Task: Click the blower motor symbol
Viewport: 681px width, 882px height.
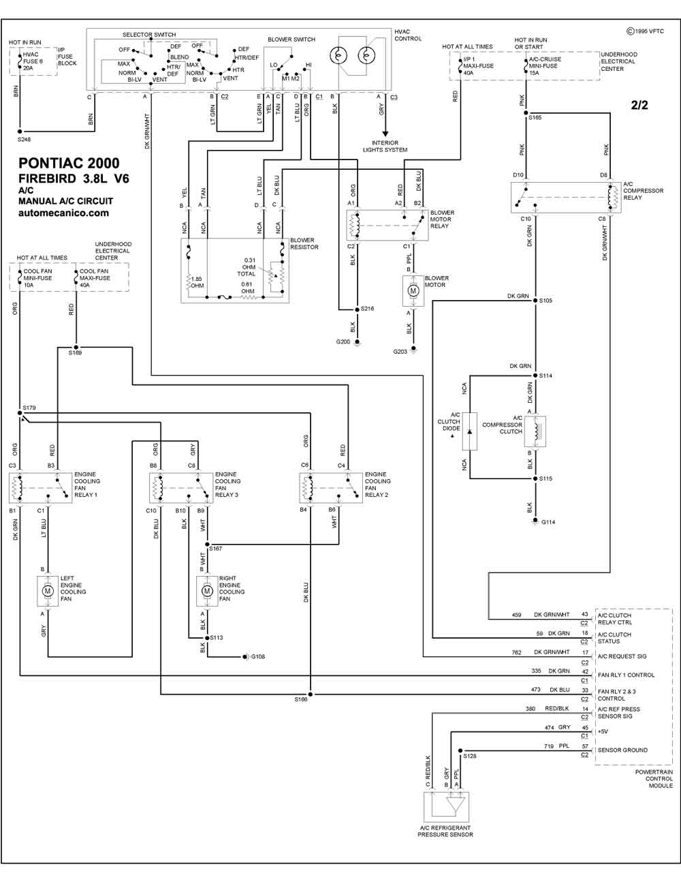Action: [x=413, y=291]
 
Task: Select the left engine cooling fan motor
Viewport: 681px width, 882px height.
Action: [x=48, y=591]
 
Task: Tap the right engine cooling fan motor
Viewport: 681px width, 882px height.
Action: [x=207, y=591]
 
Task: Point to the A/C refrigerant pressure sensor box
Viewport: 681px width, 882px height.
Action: [x=446, y=807]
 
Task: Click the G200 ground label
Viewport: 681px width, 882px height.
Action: [x=343, y=341]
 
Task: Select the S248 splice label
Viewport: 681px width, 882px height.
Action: [x=25, y=139]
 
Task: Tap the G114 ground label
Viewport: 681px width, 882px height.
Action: [x=548, y=522]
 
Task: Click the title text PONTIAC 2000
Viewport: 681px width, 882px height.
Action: [x=69, y=164]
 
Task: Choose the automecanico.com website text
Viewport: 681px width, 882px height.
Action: [x=63, y=213]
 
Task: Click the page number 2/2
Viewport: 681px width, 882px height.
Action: [x=639, y=105]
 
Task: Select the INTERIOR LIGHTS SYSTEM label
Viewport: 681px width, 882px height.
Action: [x=385, y=147]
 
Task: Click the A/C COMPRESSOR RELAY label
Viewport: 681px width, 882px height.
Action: [x=643, y=191]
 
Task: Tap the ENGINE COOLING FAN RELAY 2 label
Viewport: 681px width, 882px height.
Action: [x=377, y=485]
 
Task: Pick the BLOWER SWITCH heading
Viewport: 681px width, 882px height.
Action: [x=291, y=40]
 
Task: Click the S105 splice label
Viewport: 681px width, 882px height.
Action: [x=545, y=301]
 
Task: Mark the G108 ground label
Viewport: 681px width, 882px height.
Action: [x=258, y=657]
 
